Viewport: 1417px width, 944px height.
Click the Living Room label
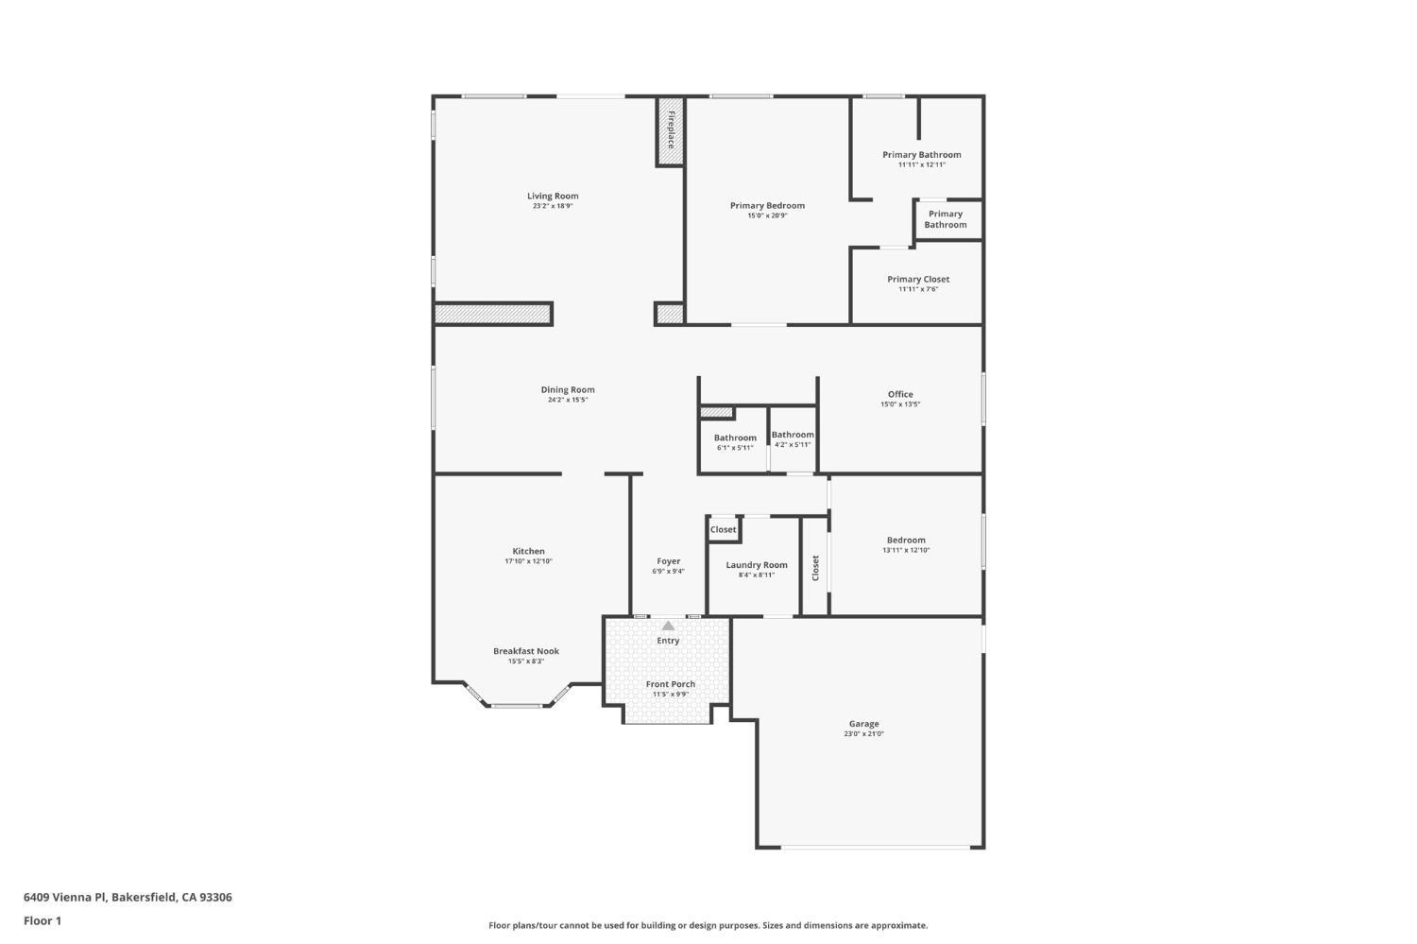coord(553,197)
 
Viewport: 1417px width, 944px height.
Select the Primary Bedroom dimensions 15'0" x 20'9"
coord(767,215)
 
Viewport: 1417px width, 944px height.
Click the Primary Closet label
coord(918,280)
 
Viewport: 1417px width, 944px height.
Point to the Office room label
coord(900,394)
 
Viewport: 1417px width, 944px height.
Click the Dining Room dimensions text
coord(568,400)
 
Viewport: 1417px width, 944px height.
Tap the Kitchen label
coord(528,551)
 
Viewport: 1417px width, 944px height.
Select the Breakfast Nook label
coord(526,651)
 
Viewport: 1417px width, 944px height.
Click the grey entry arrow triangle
coord(668,626)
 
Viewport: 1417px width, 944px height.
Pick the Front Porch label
coord(671,684)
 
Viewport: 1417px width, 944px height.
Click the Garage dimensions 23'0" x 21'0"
coord(863,734)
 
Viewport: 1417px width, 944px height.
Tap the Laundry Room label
coord(757,565)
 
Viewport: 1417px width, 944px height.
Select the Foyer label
coord(668,561)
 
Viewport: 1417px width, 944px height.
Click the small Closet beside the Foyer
coord(724,529)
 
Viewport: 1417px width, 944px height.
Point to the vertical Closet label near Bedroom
coord(815,568)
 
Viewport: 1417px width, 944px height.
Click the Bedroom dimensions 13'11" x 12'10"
coord(906,550)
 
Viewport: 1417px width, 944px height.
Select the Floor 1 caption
coord(43,920)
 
